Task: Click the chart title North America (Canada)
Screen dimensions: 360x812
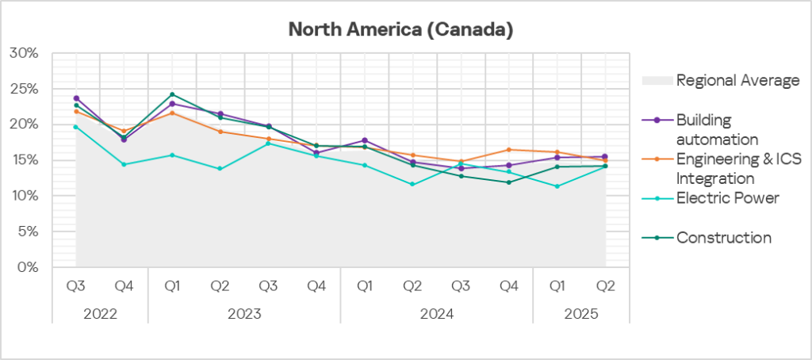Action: click(400, 30)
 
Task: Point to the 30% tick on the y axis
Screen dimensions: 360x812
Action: click(24, 53)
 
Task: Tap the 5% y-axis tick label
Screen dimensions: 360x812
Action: click(27, 232)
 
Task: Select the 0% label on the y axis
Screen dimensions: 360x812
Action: click(27, 267)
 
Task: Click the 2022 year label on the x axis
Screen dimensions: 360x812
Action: click(100, 313)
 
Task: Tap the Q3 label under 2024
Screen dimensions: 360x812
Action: click(460, 286)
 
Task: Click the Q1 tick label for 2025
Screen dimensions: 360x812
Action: click(557, 286)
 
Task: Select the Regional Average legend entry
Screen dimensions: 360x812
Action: click(737, 80)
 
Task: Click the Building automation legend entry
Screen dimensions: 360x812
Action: click(714, 128)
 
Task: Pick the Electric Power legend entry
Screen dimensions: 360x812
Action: click(728, 197)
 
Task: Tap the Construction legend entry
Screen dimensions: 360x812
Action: click(724, 237)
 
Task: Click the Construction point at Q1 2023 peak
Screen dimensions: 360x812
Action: click(172, 94)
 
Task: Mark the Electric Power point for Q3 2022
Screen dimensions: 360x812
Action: click(76, 127)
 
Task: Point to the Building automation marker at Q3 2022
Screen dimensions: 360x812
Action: click(76, 98)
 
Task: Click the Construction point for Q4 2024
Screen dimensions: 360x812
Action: click(508, 182)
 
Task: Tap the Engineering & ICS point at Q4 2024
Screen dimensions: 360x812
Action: click(508, 150)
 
